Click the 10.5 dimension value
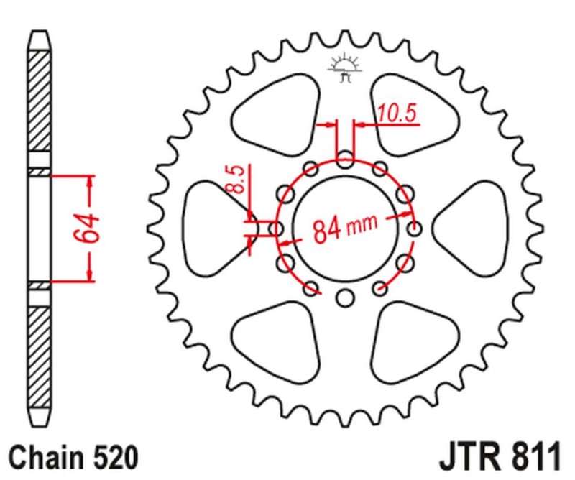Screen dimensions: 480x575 pyautogui.click(x=397, y=113)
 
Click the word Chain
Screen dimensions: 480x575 pyautogui.click(x=44, y=456)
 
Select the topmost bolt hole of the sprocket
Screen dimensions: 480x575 pyautogui.click(x=345, y=158)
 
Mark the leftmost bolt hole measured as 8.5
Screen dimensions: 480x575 pyautogui.click(x=275, y=229)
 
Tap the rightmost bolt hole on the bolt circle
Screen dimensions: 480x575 pyautogui.click(x=415, y=229)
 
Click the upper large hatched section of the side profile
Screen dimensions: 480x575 pyautogui.click(x=40, y=101)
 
